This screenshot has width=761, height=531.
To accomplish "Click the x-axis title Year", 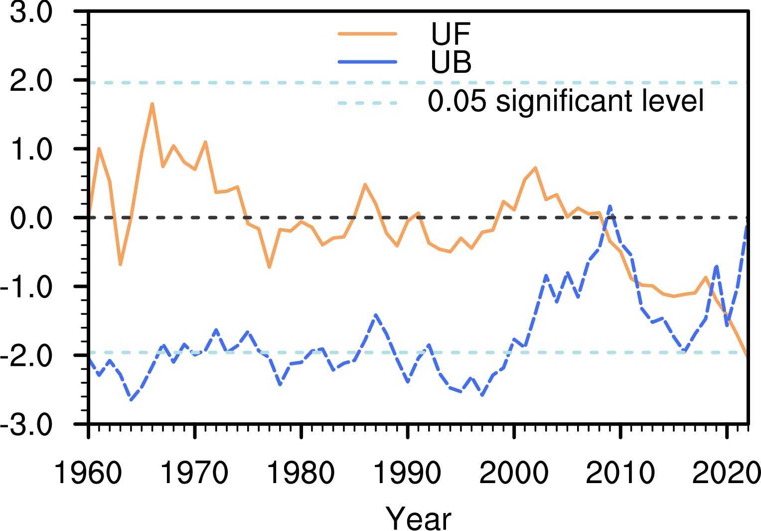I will point(419,518).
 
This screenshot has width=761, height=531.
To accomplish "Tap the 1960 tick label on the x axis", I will point(88,472).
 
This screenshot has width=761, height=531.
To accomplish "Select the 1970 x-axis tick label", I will point(194,472).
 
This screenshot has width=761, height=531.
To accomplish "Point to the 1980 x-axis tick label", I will point(301,472).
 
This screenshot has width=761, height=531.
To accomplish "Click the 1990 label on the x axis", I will point(408,472).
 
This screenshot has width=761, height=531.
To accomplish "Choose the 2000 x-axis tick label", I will point(513,472).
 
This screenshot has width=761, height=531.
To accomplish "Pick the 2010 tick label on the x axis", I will point(619,472).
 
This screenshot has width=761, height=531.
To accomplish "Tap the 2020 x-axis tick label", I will point(726,472).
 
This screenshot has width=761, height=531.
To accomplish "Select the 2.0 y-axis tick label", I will point(31,81).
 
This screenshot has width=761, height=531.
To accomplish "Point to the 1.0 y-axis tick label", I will point(31,149).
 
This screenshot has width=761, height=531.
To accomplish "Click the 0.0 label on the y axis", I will point(31,218).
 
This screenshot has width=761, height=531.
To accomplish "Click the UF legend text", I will point(451,34).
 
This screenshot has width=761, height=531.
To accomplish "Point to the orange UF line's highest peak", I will point(152,104).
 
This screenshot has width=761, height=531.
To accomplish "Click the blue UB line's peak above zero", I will point(609,206).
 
